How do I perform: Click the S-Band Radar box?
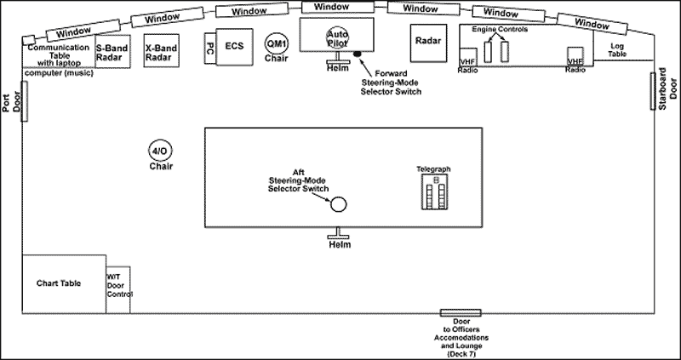tap(112, 54)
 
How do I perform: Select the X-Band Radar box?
tap(160, 54)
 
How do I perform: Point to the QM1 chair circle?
tap(277, 43)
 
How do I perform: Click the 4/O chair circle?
tap(159, 151)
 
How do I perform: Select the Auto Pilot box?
tap(336, 37)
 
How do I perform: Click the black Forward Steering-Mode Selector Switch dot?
tap(358, 54)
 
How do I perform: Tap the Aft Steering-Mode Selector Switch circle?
tap(338, 205)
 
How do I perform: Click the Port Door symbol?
tap(25, 99)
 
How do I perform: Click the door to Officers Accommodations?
tap(460, 313)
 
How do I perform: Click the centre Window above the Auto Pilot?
tap(336, 7)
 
